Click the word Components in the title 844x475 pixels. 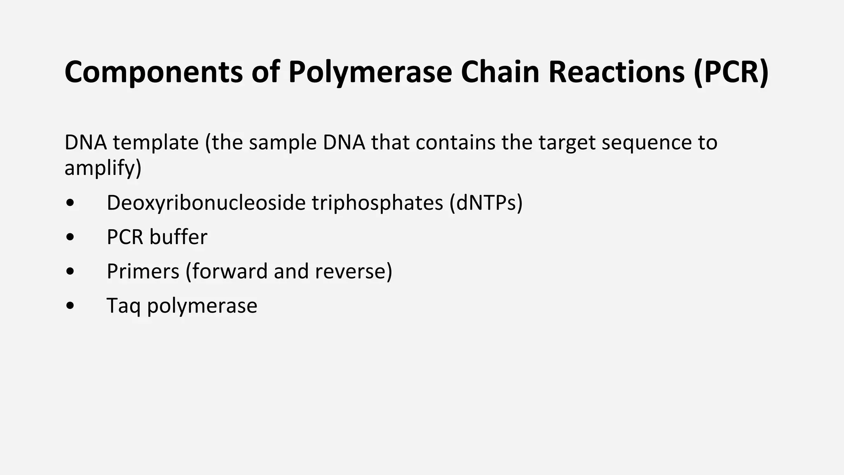tap(153, 72)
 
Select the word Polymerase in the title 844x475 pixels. tap(370, 72)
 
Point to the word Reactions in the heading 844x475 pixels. tap(616, 72)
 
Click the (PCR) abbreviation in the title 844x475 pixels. tap(731, 72)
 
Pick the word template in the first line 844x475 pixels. tap(156, 142)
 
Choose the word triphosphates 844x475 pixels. tap(377, 203)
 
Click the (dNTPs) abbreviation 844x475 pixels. tap(486, 203)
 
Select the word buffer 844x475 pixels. tap(178, 237)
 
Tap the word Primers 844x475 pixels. tap(143, 271)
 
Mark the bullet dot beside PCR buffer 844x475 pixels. tap(70, 237)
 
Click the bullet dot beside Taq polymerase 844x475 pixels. tap(70, 306)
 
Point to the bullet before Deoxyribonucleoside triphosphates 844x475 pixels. tap(70, 203)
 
